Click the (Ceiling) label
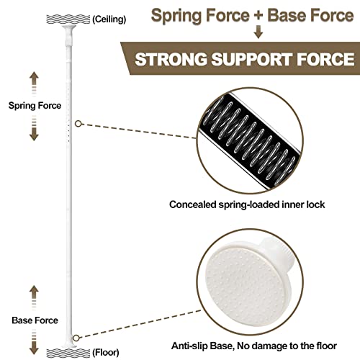click(109, 19)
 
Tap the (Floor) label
click(106, 353)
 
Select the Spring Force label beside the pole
click(35, 106)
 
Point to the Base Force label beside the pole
click(35, 320)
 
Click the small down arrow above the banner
click(258, 32)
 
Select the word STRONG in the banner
click(171, 59)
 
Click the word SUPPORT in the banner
click(252, 59)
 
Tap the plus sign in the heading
click(258, 16)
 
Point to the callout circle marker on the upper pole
click(78, 124)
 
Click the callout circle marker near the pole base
click(76, 338)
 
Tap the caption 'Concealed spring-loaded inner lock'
click(247, 204)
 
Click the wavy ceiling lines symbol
click(68, 19)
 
